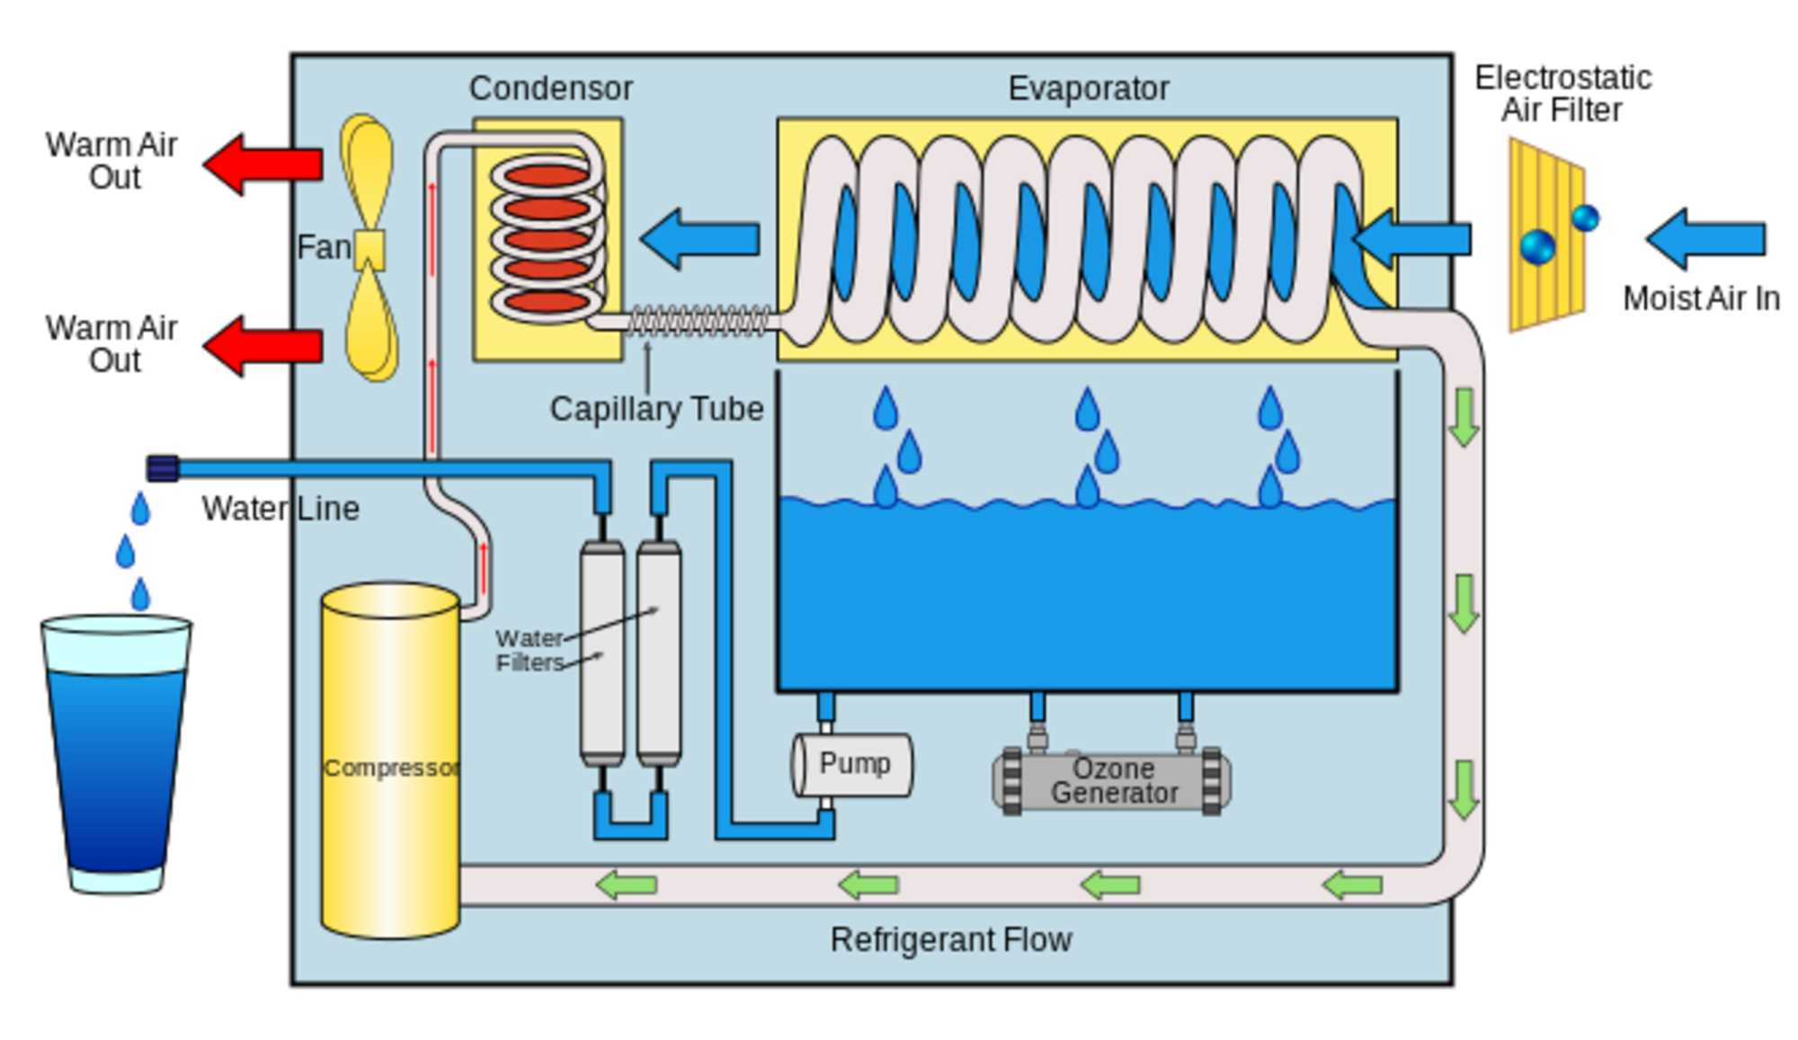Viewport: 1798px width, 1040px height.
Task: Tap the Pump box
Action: [x=852, y=765]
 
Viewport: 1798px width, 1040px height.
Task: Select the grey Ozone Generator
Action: [x=1112, y=781]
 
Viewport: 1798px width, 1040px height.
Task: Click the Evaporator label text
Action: [x=1088, y=89]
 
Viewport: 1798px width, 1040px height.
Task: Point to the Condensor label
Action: [x=550, y=89]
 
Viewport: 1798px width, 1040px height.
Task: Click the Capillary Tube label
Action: [x=656, y=410]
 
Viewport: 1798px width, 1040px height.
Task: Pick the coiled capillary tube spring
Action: [x=699, y=321]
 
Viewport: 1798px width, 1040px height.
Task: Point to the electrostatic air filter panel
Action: [x=1546, y=236]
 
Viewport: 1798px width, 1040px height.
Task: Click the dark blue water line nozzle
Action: [x=163, y=468]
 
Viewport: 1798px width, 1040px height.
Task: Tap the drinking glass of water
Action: [x=116, y=755]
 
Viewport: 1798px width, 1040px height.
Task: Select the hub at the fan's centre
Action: [x=369, y=249]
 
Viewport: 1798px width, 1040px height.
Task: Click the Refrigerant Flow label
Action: [x=950, y=940]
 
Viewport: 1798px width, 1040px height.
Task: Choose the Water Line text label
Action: [x=280, y=510]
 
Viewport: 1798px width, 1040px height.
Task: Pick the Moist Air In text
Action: [x=1701, y=299]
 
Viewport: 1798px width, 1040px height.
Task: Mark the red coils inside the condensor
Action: [x=546, y=239]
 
